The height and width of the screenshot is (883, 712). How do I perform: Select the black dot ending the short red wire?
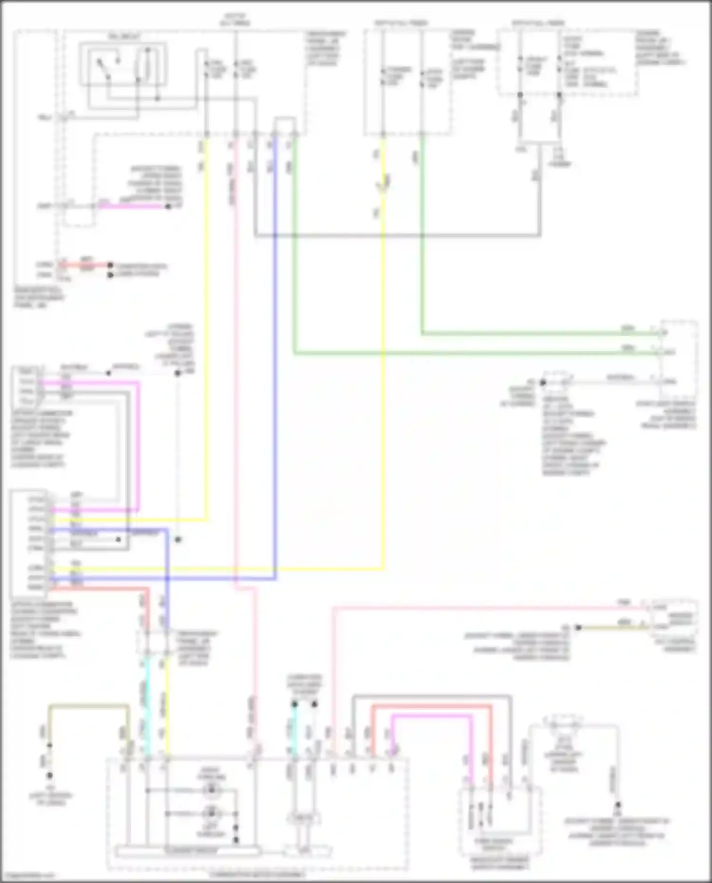point(110,265)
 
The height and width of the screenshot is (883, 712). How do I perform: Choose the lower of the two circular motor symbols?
point(211,813)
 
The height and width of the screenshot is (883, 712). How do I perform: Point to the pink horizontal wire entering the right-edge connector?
point(475,607)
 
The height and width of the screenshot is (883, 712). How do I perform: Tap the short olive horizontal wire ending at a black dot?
point(612,627)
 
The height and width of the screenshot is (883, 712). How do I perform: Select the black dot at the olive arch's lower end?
point(49,745)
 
